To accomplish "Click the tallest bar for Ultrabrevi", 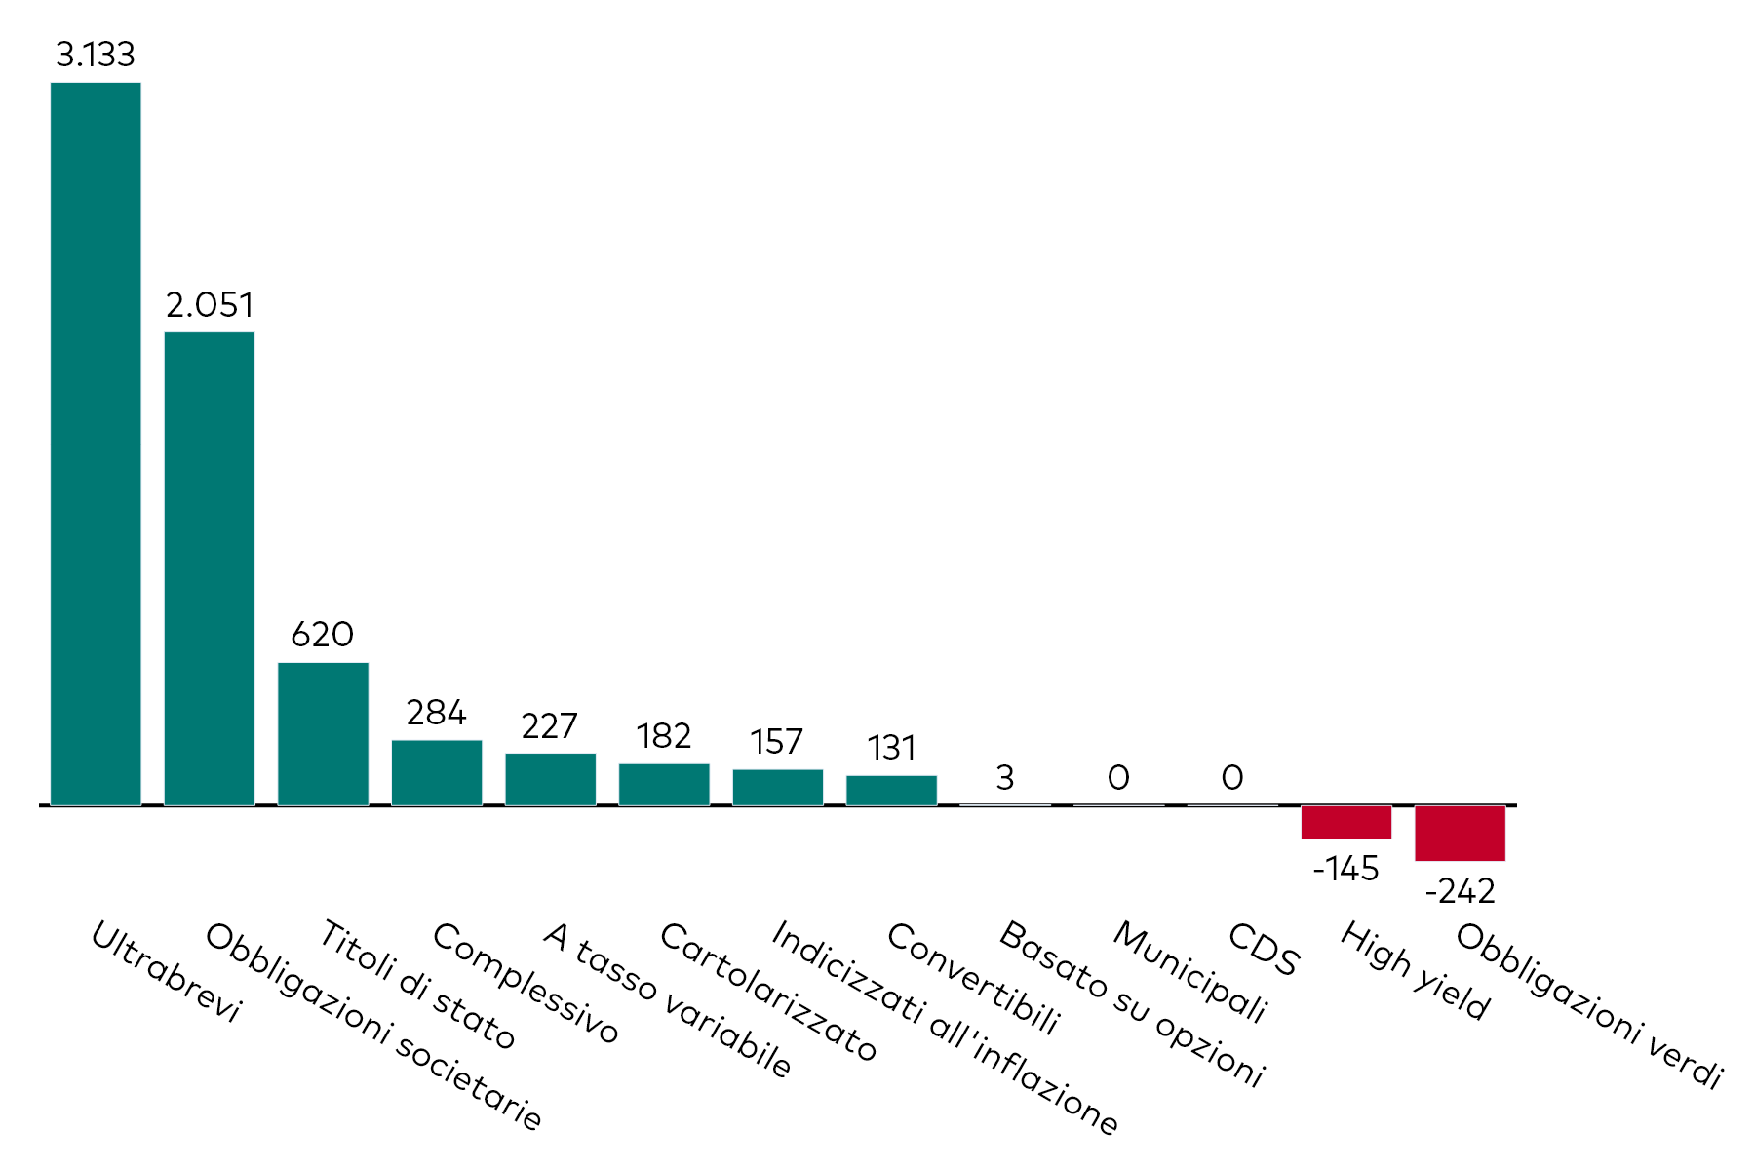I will coord(96,444).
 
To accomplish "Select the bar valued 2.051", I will coord(209,568).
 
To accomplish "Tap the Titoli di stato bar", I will coord(323,733).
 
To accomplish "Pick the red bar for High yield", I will coord(1345,822).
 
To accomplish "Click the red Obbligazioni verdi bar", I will coord(1460,833).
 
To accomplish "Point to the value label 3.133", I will coord(96,56).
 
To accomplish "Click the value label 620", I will coord(323,635).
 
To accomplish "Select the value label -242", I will coord(1460,891).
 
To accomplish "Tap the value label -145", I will coord(1345,869).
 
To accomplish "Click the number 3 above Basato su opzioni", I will coord(1005,778).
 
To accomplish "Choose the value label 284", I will coord(436,713).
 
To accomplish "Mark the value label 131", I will coord(891,749).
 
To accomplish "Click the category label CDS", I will coord(1264,950).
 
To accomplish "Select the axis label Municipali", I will coord(1189,972).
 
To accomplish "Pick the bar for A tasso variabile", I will coord(550,779).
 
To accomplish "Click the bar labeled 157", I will coord(777,787).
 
